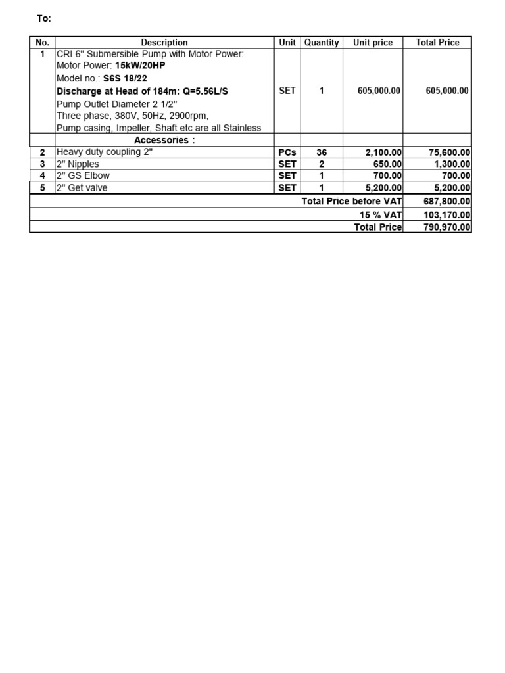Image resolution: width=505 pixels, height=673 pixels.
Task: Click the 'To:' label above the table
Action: pyautogui.click(x=43, y=19)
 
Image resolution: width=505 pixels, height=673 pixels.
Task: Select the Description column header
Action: pyautogui.click(x=164, y=43)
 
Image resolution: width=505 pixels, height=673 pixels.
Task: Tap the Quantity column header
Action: pyautogui.click(x=322, y=43)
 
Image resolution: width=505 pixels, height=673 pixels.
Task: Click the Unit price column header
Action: pyautogui.click(x=373, y=43)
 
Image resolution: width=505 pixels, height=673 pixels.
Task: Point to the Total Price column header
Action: pyautogui.click(x=437, y=43)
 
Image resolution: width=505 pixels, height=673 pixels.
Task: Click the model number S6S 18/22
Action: pyautogui.click(x=125, y=78)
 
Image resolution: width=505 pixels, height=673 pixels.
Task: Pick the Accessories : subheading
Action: pyautogui.click(x=164, y=141)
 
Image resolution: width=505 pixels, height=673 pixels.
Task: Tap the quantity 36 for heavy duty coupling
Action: pyautogui.click(x=322, y=152)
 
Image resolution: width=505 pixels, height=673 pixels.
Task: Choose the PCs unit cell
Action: pyautogui.click(x=287, y=152)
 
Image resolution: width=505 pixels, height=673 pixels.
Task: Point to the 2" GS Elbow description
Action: pyautogui.click(x=84, y=175)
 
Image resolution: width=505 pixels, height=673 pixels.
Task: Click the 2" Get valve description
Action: pyautogui.click(x=82, y=187)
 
